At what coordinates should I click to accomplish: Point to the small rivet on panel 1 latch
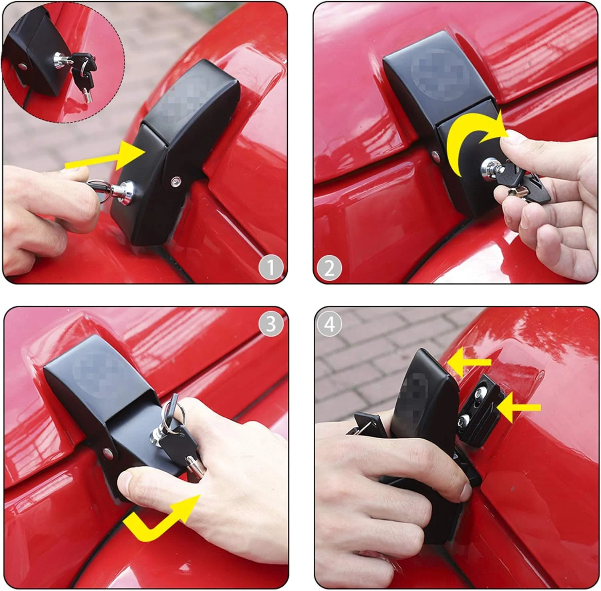click(175, 182)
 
